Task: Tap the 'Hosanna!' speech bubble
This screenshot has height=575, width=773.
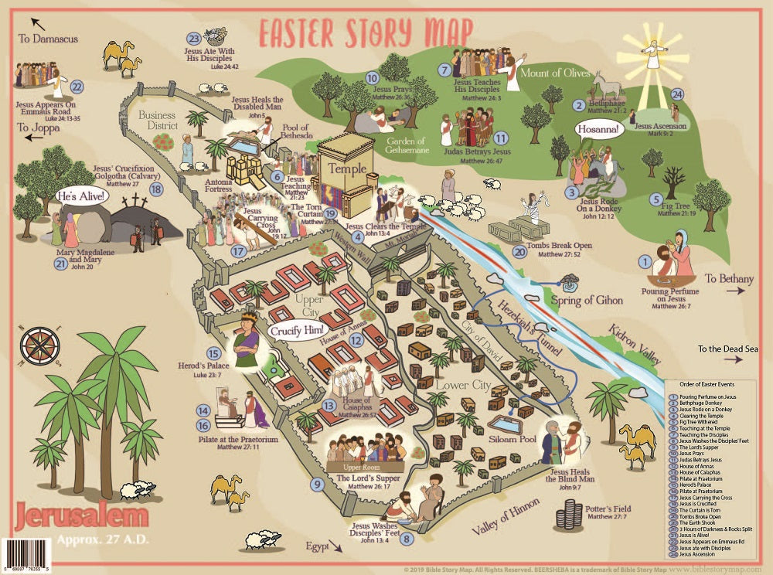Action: pyautogui.click(x=598, y=130)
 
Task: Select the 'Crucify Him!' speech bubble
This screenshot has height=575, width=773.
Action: pyautogui.click(x=295, y=330)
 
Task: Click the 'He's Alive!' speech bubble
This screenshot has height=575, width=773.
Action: pyautogui.click(x=82, y=197)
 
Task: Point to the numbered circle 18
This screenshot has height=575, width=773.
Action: pyautogui.click(x=158, y=189)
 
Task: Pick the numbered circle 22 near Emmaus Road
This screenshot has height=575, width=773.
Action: pyautogui.click(x=77, y=87)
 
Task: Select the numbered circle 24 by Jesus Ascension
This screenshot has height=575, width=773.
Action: pyautogui.click(x=677, y=94)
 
